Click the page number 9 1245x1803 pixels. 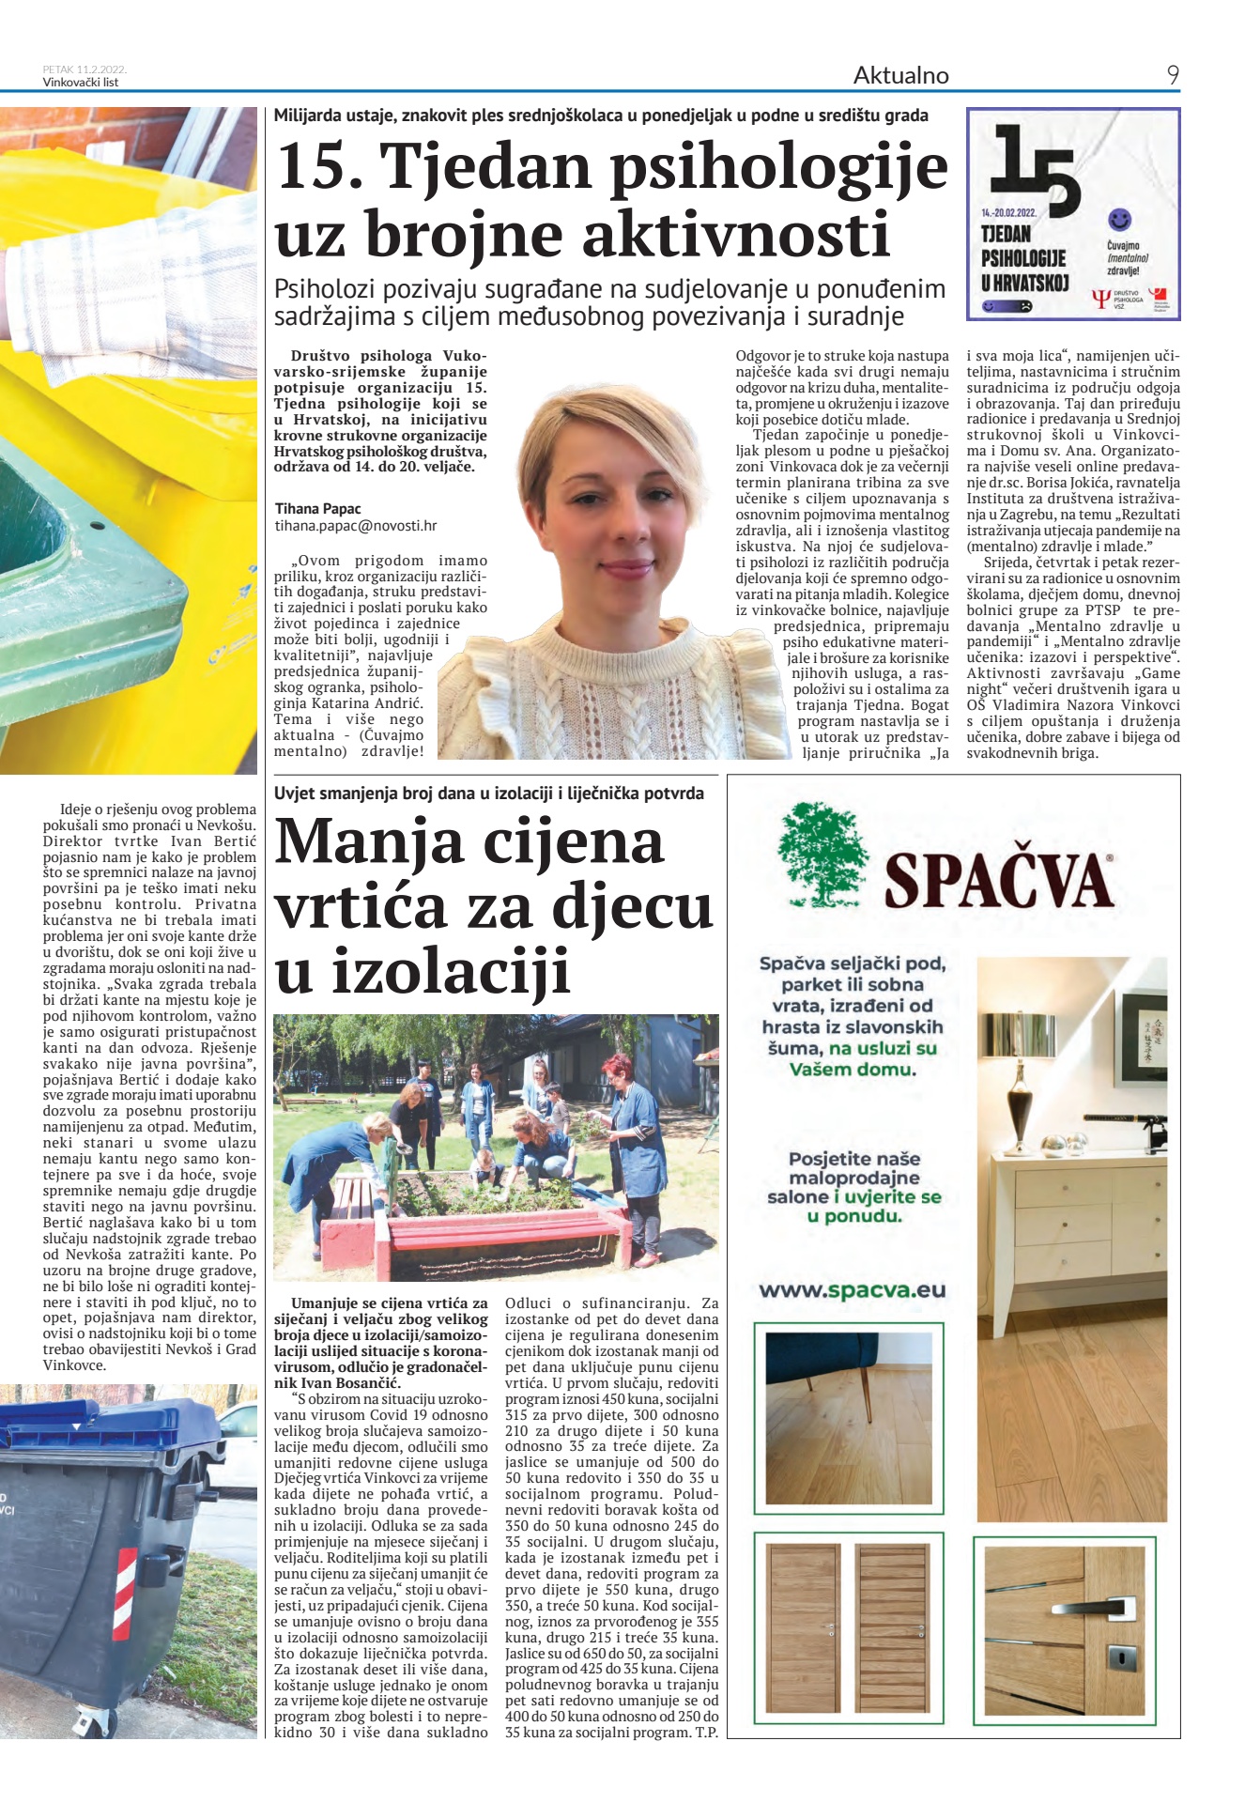coord(1173,75)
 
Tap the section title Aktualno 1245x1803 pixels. coord(900,75)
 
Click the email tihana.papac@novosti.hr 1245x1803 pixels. coord(355,527)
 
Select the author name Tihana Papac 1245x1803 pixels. coord(317,509)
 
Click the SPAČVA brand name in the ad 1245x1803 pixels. coord(999,880)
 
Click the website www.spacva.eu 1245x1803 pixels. coord(852,1290)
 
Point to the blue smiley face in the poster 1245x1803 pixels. coord(1119,220)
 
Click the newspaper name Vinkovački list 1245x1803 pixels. coord(81,83)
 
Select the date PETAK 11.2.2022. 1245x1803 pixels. coord(85,69)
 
